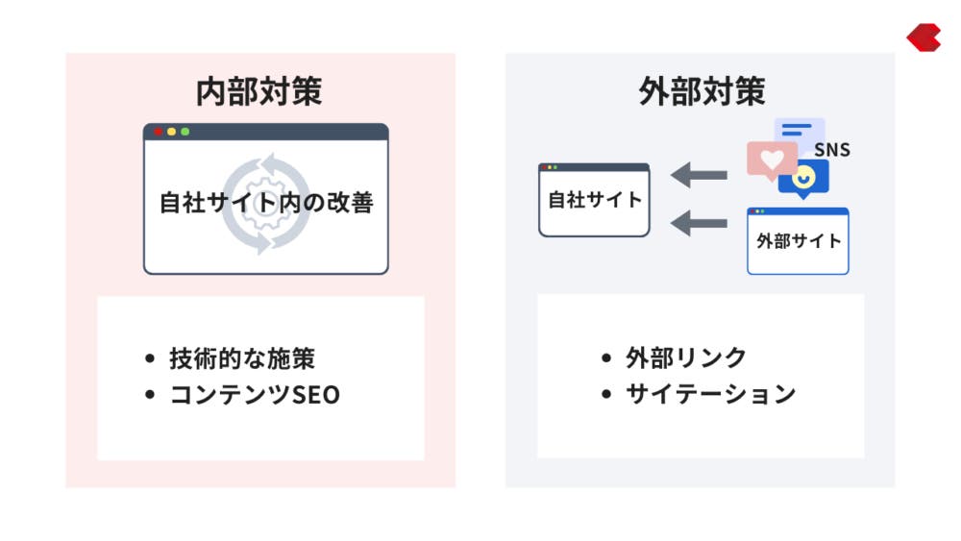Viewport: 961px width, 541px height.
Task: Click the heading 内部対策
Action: point(259,91)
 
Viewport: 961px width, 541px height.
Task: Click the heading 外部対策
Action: point(702,91)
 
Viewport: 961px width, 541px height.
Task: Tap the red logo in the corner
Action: point(924,37)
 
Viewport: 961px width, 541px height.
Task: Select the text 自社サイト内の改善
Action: point(266,203)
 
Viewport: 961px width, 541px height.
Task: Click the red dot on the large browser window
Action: point(159,132)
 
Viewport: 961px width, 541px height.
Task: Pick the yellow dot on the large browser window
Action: point(172,132)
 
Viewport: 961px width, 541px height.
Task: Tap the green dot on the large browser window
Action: point(185,132)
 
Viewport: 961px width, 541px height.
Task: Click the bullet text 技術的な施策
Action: point(242,359)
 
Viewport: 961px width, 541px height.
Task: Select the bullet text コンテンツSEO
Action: point(255,395)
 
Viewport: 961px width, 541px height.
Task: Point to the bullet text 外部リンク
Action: point(686,357)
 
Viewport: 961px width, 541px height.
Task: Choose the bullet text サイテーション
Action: point(711,393)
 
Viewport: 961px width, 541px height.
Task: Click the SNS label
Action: point(832,150)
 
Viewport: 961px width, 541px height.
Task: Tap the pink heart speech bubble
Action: point(772,160)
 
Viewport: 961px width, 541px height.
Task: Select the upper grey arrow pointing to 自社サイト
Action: point(699,175)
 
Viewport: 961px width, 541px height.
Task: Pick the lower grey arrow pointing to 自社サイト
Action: point(699,223)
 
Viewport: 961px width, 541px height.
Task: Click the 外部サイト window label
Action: point(799,241)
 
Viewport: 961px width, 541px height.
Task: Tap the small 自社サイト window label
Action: point(595,200)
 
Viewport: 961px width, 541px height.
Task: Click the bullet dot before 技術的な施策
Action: point(150,359)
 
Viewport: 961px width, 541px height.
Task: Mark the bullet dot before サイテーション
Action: point(606,394)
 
